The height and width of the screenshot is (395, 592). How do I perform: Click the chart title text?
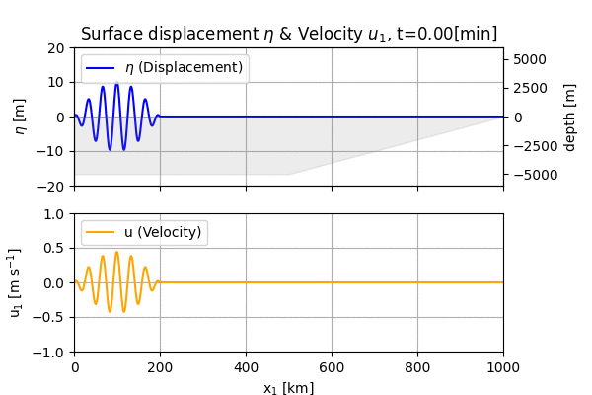coord(288,34)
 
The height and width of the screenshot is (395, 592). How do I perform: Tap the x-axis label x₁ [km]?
coord(288,388)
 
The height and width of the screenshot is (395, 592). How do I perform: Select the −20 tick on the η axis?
coord(53,186)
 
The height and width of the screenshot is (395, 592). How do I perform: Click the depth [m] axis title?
coord(570,117)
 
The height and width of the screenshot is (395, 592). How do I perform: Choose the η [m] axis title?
coord(21,117)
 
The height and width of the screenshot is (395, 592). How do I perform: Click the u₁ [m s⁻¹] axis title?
coord(16,283)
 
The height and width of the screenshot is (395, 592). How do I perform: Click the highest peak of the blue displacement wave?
coord(116,84)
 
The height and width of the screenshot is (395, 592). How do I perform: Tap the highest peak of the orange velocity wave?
coord(116,252)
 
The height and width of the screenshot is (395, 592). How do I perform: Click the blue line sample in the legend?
coord(102,68)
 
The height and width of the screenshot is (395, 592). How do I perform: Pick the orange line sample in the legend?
coord(102,233)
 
